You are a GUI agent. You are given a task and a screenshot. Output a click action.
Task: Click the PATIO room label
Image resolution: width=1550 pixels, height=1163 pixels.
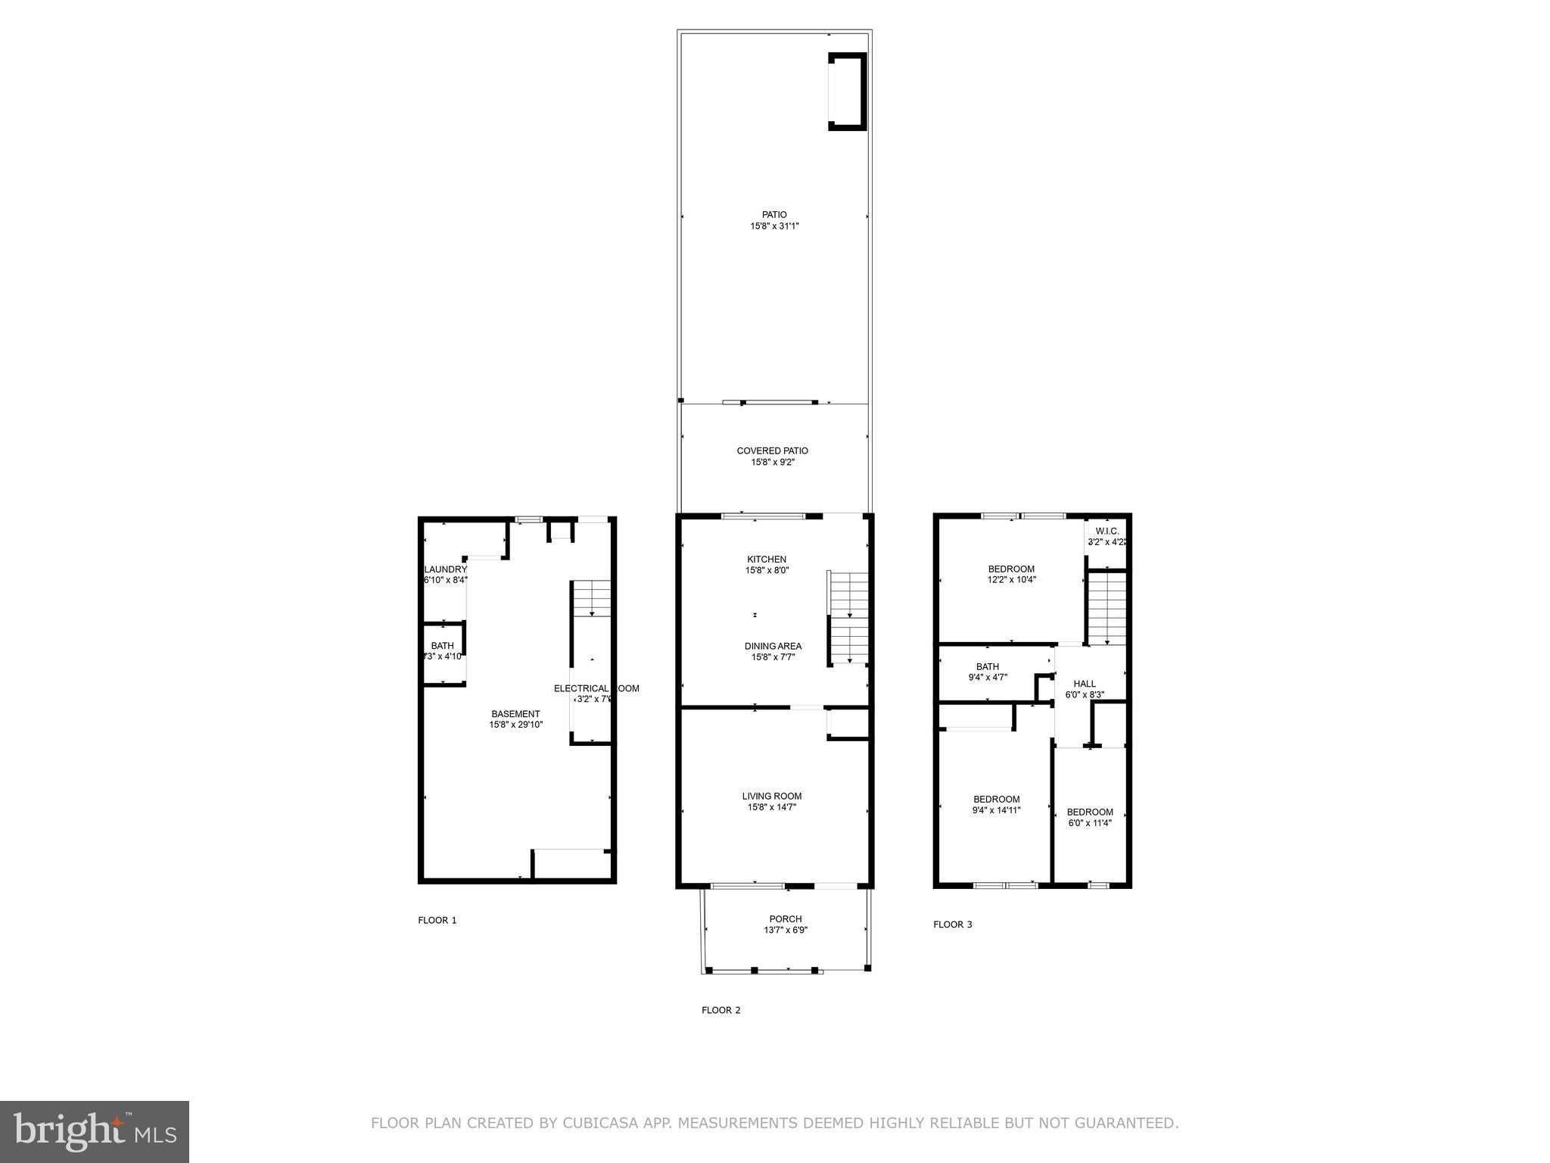tap(773, 214)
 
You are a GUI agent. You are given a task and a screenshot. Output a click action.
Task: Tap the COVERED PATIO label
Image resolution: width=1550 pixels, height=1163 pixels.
tap(772, 451)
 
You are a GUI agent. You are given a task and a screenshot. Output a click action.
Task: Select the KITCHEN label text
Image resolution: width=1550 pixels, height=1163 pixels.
tap(767, 560)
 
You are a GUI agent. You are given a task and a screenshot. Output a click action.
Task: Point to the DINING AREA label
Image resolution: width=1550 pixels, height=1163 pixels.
tap(773, 646)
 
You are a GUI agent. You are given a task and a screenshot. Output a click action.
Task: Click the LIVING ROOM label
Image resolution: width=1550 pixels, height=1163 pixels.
tap(771, 796)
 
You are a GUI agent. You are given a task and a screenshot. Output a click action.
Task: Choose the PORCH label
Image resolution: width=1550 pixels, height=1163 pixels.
tap(785, 919)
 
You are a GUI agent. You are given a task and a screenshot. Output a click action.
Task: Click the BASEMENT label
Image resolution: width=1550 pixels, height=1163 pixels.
tap(515, 714)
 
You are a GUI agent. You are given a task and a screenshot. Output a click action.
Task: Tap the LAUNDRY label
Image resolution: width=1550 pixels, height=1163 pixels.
tap(445, 569)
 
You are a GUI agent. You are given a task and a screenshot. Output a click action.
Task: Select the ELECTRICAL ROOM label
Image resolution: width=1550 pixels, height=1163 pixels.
tap(596, 688)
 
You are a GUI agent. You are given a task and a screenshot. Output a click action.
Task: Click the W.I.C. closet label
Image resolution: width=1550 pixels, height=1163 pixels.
tap(1106, 532)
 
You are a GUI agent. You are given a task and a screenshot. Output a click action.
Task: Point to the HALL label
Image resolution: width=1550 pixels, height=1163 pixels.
tap(1084, 684)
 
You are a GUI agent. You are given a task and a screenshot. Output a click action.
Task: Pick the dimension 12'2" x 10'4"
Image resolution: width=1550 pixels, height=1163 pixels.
tap(1011, 580)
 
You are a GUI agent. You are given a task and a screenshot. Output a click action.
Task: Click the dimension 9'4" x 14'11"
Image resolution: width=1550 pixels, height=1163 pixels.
tap(996, 810)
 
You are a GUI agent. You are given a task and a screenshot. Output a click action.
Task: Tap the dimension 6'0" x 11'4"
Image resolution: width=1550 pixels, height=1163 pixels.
tap(1089, 823)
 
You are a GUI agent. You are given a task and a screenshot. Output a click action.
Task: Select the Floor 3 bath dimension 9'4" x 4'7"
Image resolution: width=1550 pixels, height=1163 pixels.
tap(987, 678)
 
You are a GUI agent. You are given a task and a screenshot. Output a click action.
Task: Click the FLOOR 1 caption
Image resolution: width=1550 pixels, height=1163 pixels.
tap(437, 921)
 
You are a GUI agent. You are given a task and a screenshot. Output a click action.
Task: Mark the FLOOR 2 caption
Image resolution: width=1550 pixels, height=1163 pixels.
tap(721, 1010)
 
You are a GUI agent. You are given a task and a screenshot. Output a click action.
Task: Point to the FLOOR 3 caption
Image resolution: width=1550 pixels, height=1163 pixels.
tap(952, 924)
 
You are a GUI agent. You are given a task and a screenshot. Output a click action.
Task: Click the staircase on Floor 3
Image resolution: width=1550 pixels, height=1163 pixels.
tap(1106, 607)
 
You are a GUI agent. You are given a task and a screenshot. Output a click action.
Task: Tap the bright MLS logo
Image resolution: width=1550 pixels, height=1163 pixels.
tap(95, 1131)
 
